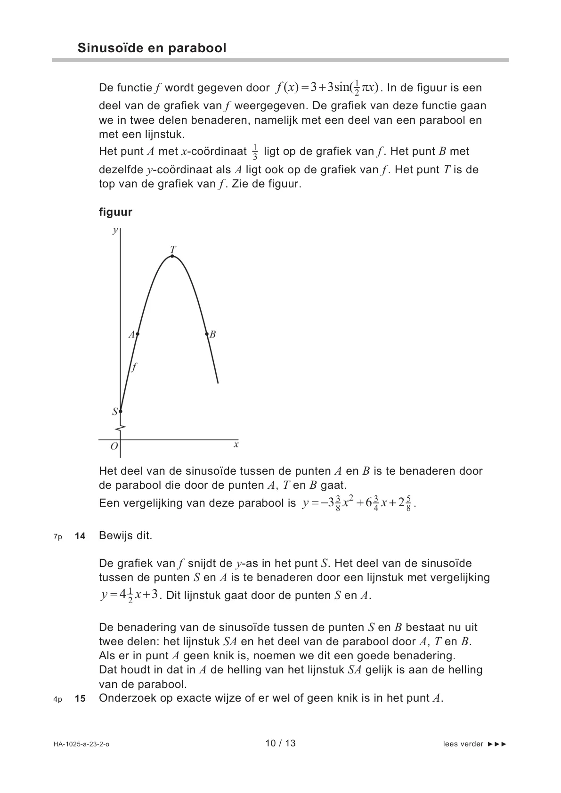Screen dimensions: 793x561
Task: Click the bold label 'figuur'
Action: coord(115,212)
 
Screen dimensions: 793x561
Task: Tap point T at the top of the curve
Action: coord(172,256)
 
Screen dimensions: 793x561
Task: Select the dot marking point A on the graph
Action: coord(137,334)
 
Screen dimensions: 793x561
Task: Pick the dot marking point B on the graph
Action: coord(207,334)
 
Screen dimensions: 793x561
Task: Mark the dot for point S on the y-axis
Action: coord(120,412)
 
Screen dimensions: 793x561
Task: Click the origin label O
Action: coord(114,446)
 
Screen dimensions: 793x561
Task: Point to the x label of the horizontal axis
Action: coord(236,445)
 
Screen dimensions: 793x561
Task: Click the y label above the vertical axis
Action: coord(114,230)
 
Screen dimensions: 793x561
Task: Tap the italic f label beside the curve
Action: coord(134,367)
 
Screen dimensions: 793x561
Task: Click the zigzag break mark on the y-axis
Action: coord(121,429)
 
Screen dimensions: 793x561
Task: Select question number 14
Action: coord(80,536)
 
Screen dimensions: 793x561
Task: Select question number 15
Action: coord(80,699)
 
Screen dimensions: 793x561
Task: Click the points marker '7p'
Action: coord(57,536)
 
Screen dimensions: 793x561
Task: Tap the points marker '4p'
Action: coord(57,699)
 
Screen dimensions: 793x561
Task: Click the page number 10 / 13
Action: coord(280,744)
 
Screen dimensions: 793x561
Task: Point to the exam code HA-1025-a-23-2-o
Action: coord(81,744)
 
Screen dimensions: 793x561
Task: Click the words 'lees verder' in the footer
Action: coord(463,744)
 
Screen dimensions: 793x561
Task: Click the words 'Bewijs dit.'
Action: coord(125,535)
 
